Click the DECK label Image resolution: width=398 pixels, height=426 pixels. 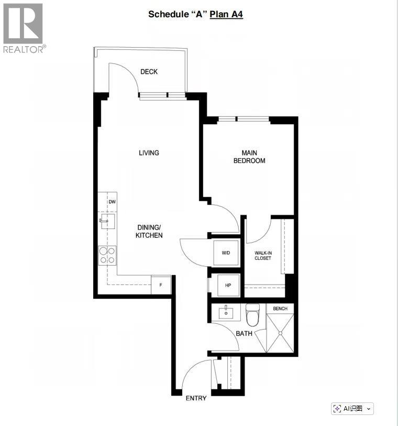[x=149, y=72]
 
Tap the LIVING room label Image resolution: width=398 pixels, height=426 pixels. [x=149, y=153]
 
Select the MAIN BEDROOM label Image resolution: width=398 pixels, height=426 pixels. [x=249, y=157]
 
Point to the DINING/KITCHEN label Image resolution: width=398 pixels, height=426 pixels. [x=149, y=231]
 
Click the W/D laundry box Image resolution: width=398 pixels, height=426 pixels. [x=226, y=253]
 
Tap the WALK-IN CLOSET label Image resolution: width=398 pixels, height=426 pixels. [x=263, y=255]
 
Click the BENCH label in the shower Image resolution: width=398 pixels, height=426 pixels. [x=280, y=309]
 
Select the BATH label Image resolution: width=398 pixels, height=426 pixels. [x=244, y=333]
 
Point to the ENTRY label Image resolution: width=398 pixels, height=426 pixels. [x=196, y=398]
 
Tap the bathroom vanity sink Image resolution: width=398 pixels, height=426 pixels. [x=226, y=313]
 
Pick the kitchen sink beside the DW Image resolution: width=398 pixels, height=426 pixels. [x=107, y=221]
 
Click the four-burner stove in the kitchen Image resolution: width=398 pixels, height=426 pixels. [x=107, y=255]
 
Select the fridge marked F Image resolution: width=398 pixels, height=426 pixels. [x=161, y=285]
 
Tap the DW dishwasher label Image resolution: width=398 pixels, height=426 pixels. [x=112, y=202]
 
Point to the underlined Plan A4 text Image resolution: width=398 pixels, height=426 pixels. [x=226, y=14]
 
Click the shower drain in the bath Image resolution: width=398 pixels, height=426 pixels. [x=281, y=332]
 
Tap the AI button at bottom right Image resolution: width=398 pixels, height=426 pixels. [x=352, y=409]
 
